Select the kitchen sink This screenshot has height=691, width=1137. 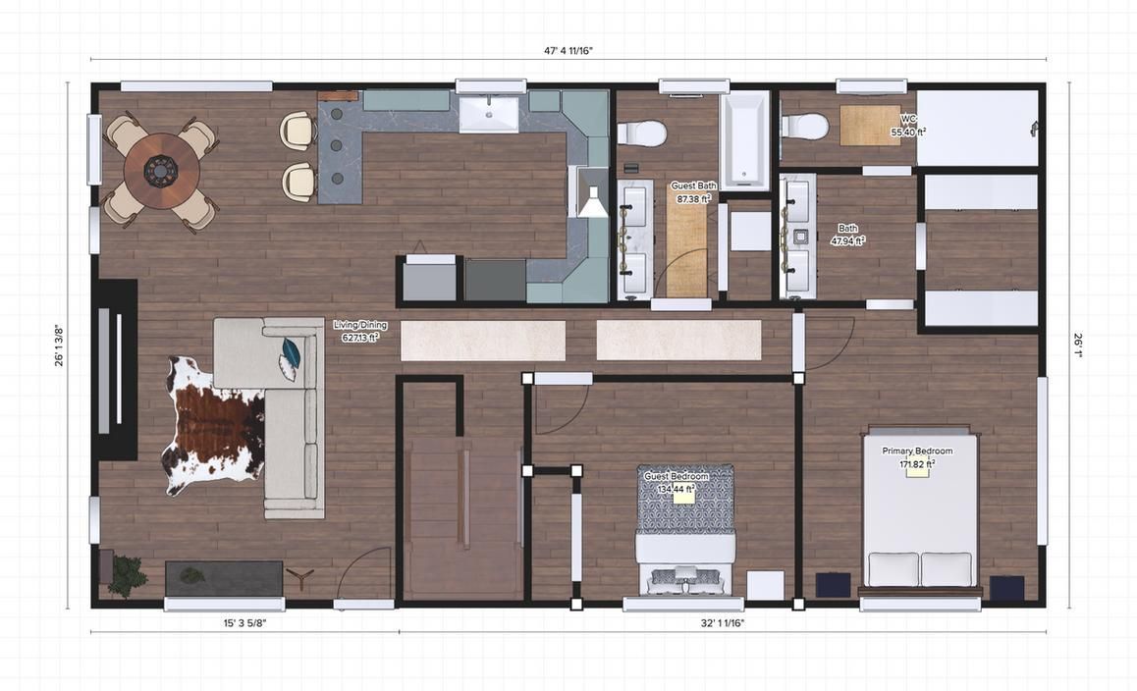coord(489,113)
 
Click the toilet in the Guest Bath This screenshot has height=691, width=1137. coord(642,133)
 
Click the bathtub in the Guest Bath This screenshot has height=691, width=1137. coord(745,139)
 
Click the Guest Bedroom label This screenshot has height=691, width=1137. coord(676,476)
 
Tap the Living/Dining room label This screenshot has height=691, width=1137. coord(360,325)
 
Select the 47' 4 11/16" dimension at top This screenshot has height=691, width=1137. coord(568,50)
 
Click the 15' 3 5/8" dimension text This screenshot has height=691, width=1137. coord(238,622)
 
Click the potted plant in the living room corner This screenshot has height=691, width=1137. coord(127,575)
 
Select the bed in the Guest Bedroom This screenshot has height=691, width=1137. coord(686,530)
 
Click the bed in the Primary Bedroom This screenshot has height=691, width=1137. coord(920,510)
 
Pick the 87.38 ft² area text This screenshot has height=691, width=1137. coord(693,198)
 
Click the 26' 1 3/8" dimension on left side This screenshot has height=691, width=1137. coord(59,345)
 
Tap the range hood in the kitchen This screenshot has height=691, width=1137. coord(591,192)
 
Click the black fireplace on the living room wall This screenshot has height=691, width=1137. coord(116,369)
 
